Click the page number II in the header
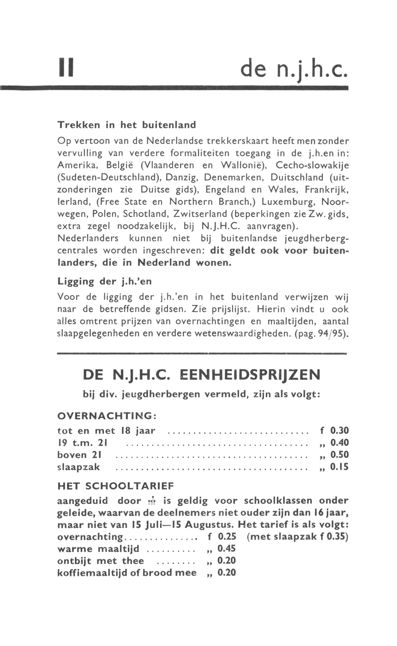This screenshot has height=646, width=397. [x=67, y=67]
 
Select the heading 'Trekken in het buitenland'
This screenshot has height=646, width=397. [x=126, y=125]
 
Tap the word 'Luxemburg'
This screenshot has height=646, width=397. [x=286, y=202]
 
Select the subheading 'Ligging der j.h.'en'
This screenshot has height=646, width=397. [x=104, y=281]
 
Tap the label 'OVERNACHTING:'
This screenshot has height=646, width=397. [x=107, y=416]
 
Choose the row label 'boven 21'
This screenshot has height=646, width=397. [x=79, y=455]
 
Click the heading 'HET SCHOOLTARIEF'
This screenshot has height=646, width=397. [x=115, y=486]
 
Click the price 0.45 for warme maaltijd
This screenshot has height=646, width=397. [x=226, y=549]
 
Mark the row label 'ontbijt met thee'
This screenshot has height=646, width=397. [x=101, y=561]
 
